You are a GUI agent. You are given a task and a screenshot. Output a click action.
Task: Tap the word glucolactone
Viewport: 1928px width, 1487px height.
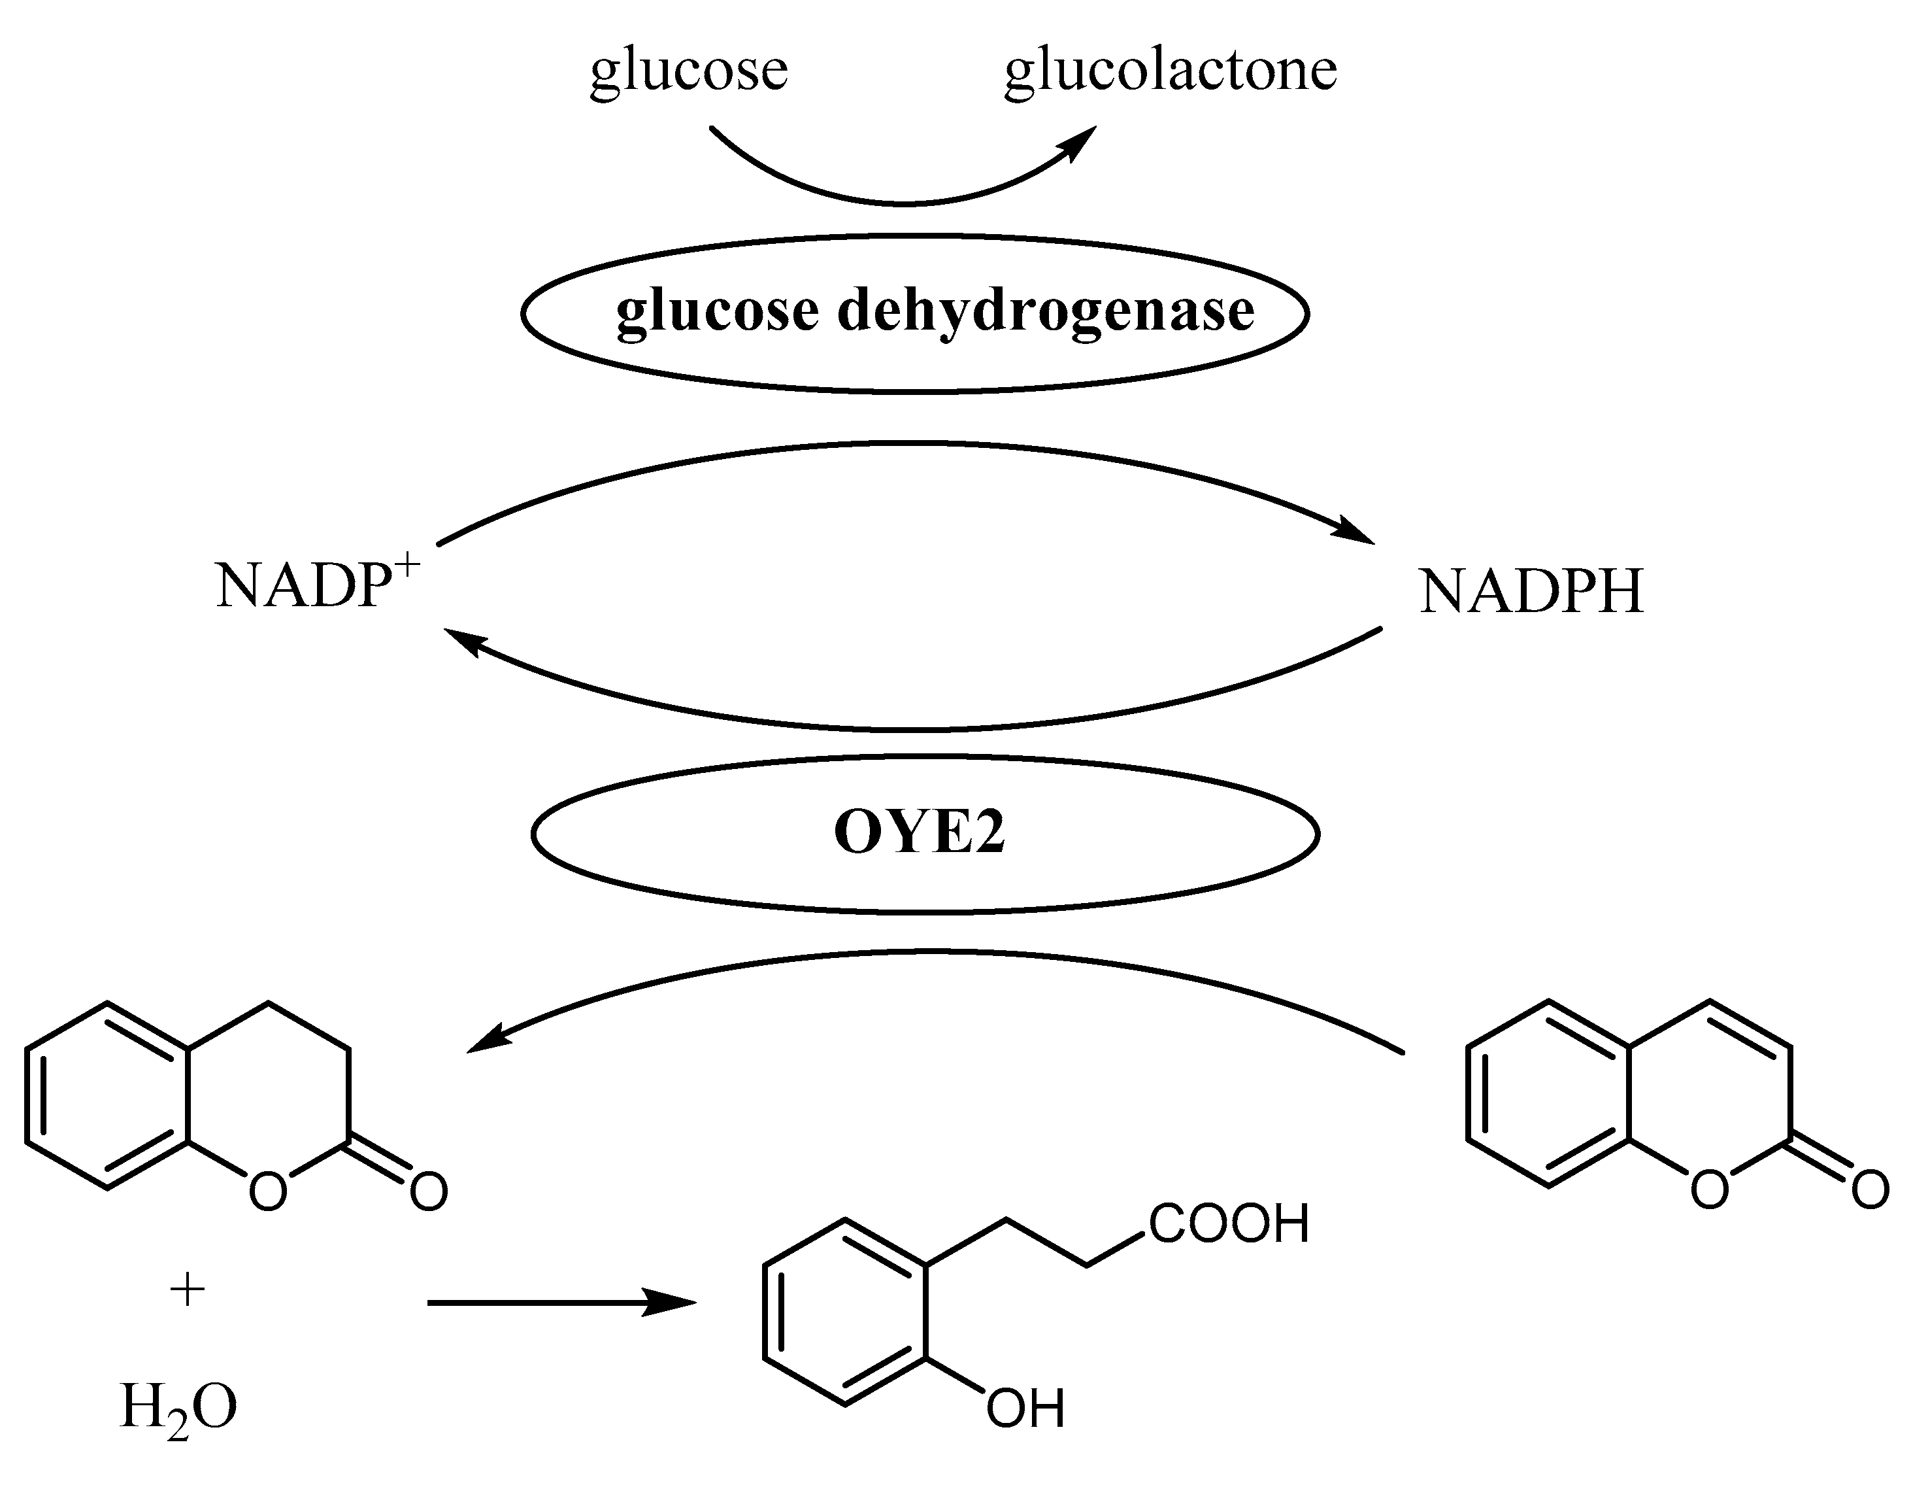pyautogui.click(x=1171, y=71)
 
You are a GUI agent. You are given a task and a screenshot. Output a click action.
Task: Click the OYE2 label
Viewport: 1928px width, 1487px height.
pyautogui.click(x=919, y=832)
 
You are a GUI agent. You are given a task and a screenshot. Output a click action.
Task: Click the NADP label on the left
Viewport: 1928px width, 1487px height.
pyautogui.click(x=303, y=587)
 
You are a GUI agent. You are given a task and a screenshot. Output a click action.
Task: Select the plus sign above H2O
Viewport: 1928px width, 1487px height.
pyautogui.click(x=187, y=1291)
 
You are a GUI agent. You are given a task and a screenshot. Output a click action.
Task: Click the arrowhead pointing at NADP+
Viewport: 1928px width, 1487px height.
pyautogui.click(x=461, y=642)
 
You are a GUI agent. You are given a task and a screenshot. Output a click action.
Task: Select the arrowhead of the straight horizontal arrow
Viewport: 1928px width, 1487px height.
pyautogui.click(x=671, y=1303)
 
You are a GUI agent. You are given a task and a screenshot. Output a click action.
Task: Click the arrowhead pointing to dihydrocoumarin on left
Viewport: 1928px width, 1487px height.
pyautogui.click(x=486, y=1039)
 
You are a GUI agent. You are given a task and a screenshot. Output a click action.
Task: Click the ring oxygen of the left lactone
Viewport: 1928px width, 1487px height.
pyautogui.click(x=267, y=1193)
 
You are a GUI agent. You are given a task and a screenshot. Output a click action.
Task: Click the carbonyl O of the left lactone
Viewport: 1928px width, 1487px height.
pyautogui.click(x=429, y=1193)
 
